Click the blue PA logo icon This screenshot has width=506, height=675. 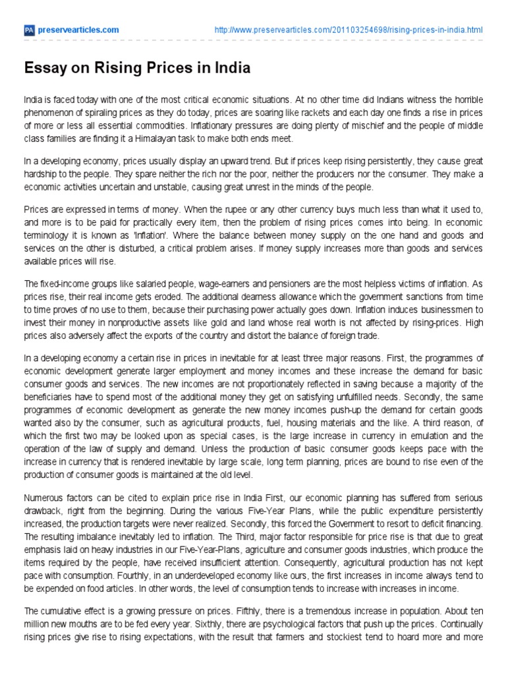pyautogui.click(x=28, y=30)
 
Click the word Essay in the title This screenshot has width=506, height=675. pyautogui.click(x=44, y=69)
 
